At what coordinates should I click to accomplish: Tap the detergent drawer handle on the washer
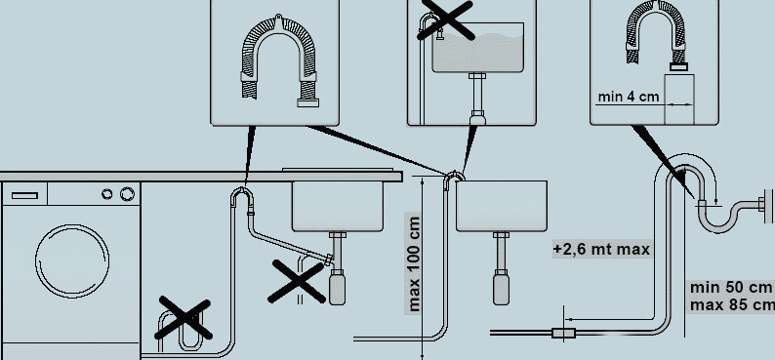click(x=24, y=195)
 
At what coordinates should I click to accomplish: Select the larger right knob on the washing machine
click(x=127, y=194)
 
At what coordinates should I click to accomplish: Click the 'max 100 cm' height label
click(x=413, y=263)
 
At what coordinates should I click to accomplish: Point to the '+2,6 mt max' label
click(x=601, y=250)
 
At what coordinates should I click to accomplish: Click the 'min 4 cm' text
click(x=629, y=97)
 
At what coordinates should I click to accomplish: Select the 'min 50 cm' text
click(x=731, y=287)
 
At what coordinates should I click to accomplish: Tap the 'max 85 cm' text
click(x=732, y=305)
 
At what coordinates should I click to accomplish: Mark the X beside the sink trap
click(x=297, y=281)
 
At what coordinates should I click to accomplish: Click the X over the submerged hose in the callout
click(x=445, y=19)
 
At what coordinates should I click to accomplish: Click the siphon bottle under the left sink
click(x=337, y=290)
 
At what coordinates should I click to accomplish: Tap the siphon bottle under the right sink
click(x=501, y=290)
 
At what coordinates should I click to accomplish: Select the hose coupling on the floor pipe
click(x=563, y=334)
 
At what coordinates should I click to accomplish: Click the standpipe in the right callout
click(x=679, y=99)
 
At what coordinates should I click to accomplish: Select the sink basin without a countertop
click(x=501, y=206)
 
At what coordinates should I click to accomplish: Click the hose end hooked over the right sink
click(x=454, y=176)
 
